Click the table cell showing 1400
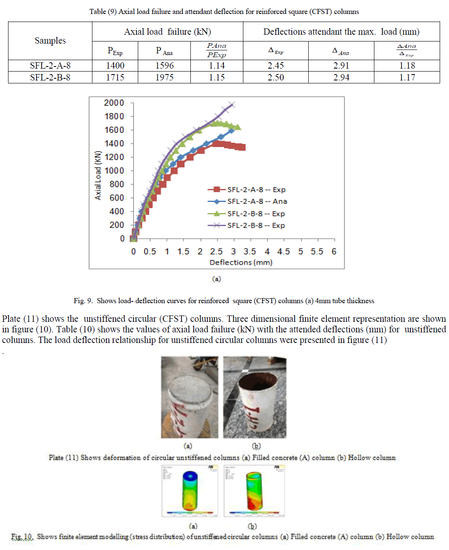[x=115, y=66]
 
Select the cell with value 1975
[x=165, y=77]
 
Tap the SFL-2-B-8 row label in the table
[x=50, y=77]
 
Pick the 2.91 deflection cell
[x=341, y=66]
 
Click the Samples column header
[x=50, y=41]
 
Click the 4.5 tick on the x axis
[x=283, y=252]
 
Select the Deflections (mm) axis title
[x=241, y=263]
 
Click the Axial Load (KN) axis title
[x=98, y=175]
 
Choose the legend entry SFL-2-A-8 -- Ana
[x=257, y=202]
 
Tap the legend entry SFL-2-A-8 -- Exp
[x=256, y=190]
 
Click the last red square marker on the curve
[x=242, y=147]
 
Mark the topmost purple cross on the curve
[x=231, y=105]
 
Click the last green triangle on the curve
[x=238, y=127]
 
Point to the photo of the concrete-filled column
[x=190, y=397]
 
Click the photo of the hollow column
[x=255, y=397]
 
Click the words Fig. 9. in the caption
[x=83, y=301]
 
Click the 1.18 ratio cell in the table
[x=407, y=66]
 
